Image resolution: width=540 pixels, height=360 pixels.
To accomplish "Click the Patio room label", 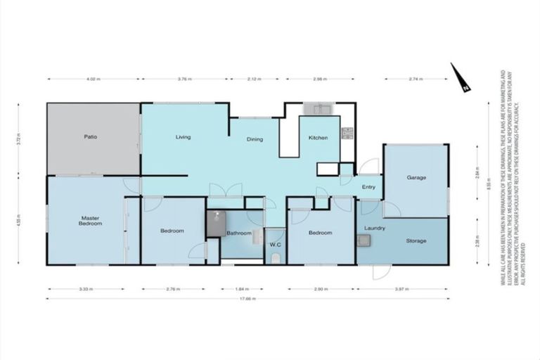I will pos(90,136).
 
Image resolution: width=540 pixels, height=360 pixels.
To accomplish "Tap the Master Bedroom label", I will pos(90,221).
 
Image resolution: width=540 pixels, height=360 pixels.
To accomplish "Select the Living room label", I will pos(184,137).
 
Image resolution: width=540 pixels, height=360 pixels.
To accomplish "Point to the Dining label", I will pos(255,139).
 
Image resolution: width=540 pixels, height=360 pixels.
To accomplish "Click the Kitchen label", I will pos(319,138).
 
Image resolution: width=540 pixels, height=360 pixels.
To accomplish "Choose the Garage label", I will pos(416,178).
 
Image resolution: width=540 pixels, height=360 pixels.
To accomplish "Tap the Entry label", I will pos(368,187).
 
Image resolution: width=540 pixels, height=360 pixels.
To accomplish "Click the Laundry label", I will pos(374,229).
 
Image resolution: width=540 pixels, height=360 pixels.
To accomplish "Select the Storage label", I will pos(416,241).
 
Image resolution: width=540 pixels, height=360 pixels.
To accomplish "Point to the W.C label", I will pos(276,245).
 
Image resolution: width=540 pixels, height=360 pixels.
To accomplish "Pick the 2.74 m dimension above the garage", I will pos(416,79).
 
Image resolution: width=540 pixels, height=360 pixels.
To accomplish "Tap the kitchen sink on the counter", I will pos(321,109).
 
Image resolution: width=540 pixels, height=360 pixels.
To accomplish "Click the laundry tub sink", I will pos(364,241).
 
